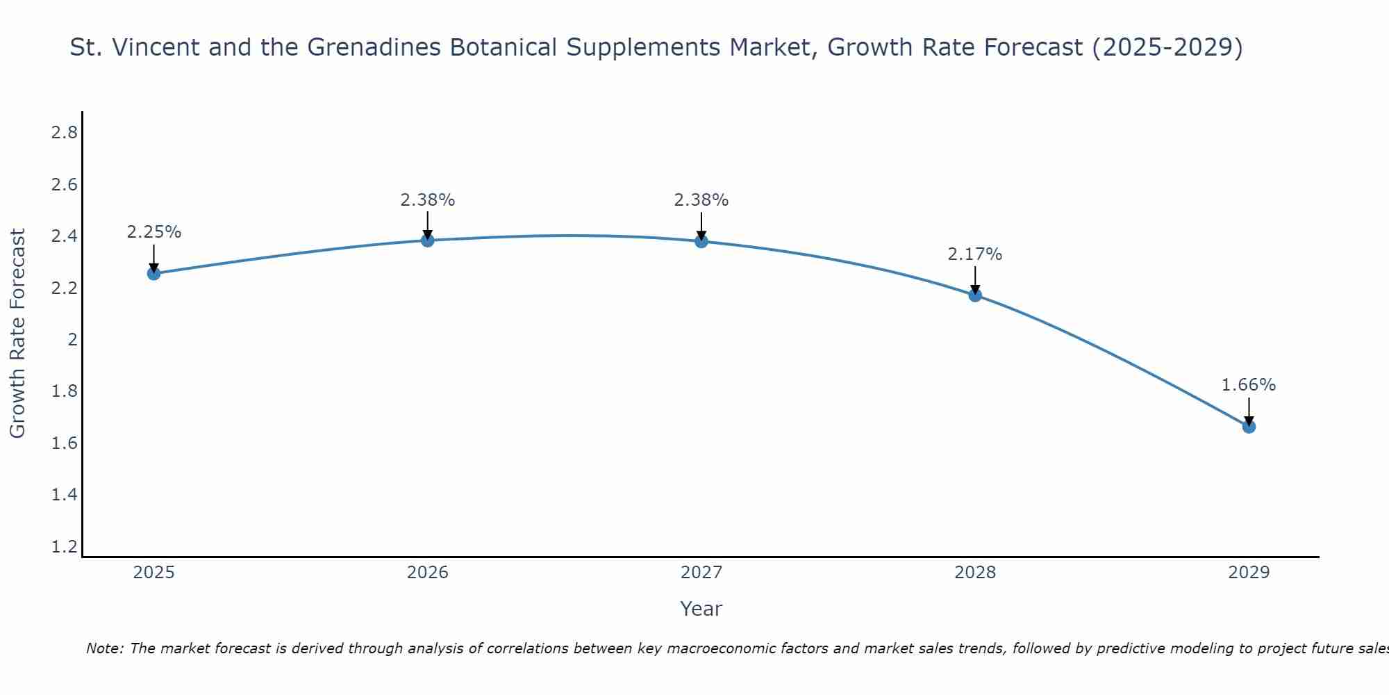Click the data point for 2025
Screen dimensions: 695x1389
tap(153, 273)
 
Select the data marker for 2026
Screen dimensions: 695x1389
tap(428, 240)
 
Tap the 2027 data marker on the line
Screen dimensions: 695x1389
tap(701, 241)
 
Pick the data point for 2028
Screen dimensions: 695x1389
tap(975, 295)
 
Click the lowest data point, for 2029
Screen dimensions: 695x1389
tap(1249, 426)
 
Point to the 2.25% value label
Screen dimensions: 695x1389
tap(153, 232)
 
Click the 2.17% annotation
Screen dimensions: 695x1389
tap(975, 254)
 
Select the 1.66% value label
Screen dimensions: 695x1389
tap(1249, 385)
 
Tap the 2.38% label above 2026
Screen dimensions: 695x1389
tap(428, 200)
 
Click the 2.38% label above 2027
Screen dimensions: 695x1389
tap(701, 200)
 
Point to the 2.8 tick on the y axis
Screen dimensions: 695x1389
tap(65, 133)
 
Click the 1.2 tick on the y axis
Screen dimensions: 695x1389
tap(65, 547)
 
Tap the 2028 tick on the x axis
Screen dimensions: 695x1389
tap(975, 573)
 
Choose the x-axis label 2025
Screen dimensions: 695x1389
tap(153, 573)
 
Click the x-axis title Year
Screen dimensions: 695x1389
tap(701, 609)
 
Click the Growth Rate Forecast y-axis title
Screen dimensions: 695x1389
tap(18, 334)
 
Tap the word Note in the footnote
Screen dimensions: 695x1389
tap(104, 648)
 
